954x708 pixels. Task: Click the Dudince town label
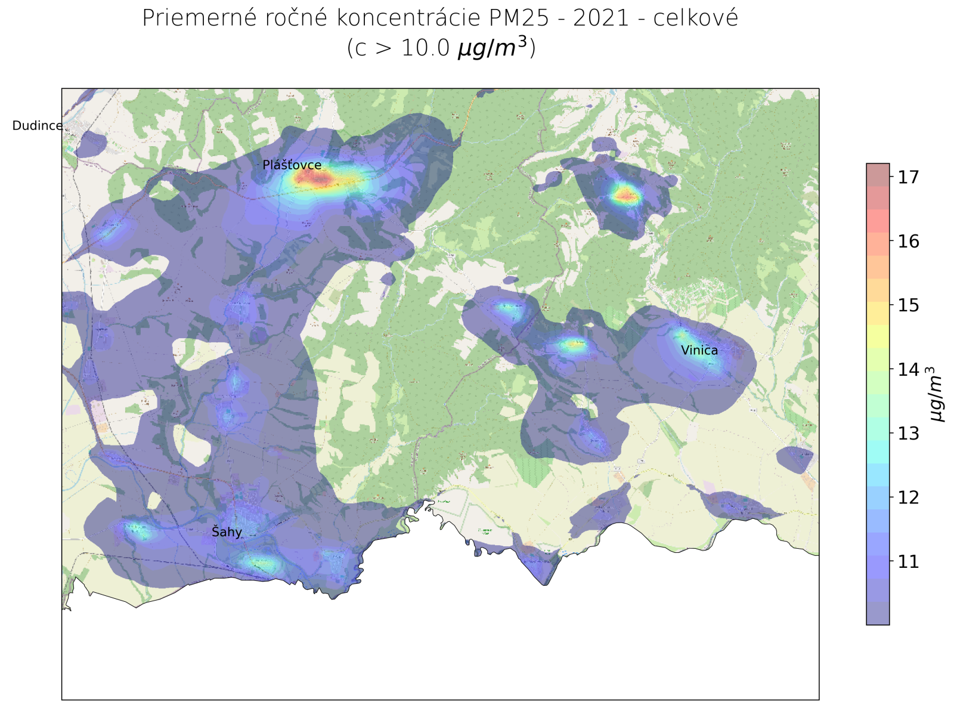coord(37,126)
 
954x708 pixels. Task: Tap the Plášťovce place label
coord(292,165)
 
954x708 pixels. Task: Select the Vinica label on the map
coord(699,350)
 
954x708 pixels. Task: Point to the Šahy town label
coord(227,532)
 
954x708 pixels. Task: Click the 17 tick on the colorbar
coord(908,177)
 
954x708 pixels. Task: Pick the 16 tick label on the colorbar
coord(908,242)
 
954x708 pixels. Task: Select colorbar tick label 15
coord(908,305)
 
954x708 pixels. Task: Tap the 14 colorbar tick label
coord(908,370)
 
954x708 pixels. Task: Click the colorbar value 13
coord(908,434)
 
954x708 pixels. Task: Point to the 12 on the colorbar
coord(908,497)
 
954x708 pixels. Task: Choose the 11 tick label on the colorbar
coord(908,562)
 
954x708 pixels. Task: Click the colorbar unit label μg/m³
coord(937,394)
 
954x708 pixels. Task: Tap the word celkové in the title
coord(695,18)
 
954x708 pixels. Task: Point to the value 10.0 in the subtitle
coord(425,48)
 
